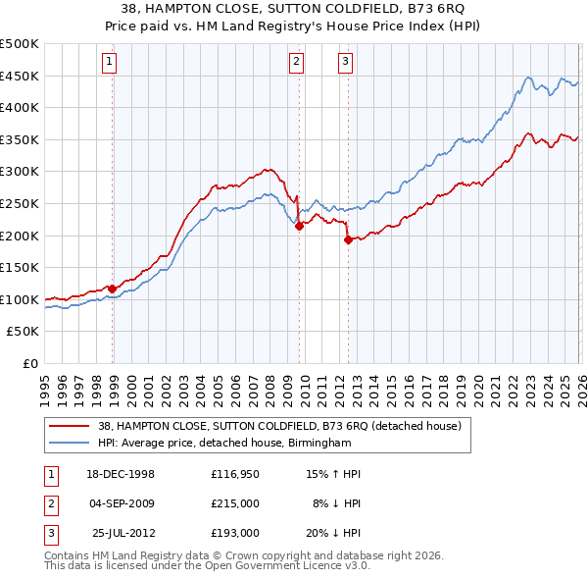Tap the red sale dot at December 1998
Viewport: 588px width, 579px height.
pyautogui.click(x=113, y=289)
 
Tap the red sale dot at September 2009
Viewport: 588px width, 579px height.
pyautogui.click(x=299, y=226)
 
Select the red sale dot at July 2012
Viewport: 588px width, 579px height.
pyautogui.click(x=348, y=240)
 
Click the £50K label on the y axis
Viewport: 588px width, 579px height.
pyautogui.click(x=24, y=332)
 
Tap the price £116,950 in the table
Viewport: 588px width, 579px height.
pyautogui.click(x=234, y=473)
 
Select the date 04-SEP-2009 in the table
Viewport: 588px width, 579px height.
pyautogui.click(x=122, y=503)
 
